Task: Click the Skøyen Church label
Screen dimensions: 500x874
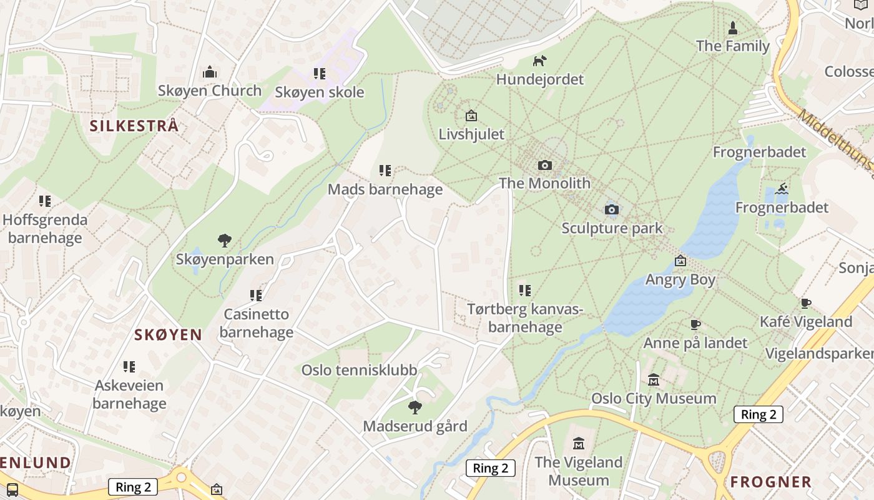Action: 210,91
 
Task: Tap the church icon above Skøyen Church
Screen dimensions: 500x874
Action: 210,72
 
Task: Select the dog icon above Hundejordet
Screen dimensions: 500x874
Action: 539,61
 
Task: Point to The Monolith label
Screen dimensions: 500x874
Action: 544,183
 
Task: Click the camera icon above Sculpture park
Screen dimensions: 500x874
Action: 612,209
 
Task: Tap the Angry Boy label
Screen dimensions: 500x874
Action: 680,279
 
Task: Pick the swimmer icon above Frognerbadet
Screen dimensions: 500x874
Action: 782,189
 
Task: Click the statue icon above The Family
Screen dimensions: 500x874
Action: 733,27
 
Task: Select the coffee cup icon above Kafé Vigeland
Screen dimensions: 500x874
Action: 805,304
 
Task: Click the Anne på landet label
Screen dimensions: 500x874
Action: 695,343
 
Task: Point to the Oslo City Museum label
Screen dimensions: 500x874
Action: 654,398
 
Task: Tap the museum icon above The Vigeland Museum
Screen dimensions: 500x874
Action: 579,444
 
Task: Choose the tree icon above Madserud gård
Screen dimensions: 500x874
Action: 415,408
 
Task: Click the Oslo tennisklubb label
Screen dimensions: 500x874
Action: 359,370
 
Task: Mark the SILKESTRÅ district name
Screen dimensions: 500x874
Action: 134,126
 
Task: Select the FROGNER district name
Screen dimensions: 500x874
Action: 771,482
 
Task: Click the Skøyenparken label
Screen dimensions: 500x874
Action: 225,259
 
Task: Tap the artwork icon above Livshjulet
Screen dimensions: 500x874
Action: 471,116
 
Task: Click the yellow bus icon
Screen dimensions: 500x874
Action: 12,489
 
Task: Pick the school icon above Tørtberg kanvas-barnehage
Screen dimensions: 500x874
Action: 525,291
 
